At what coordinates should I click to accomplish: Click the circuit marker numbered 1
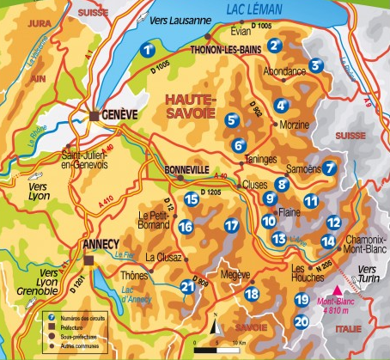pos(149,49)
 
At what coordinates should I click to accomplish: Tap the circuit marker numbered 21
pos(188,287)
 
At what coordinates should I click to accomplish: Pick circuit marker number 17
pos(230,225)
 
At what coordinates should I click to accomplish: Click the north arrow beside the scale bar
pos(218,328)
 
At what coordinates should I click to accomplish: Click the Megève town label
pos(234,276)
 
